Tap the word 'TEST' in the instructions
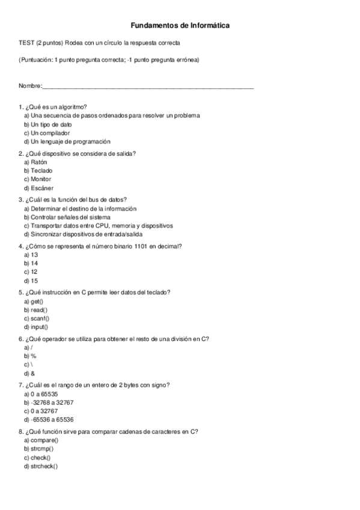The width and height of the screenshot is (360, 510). pos(26,43)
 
